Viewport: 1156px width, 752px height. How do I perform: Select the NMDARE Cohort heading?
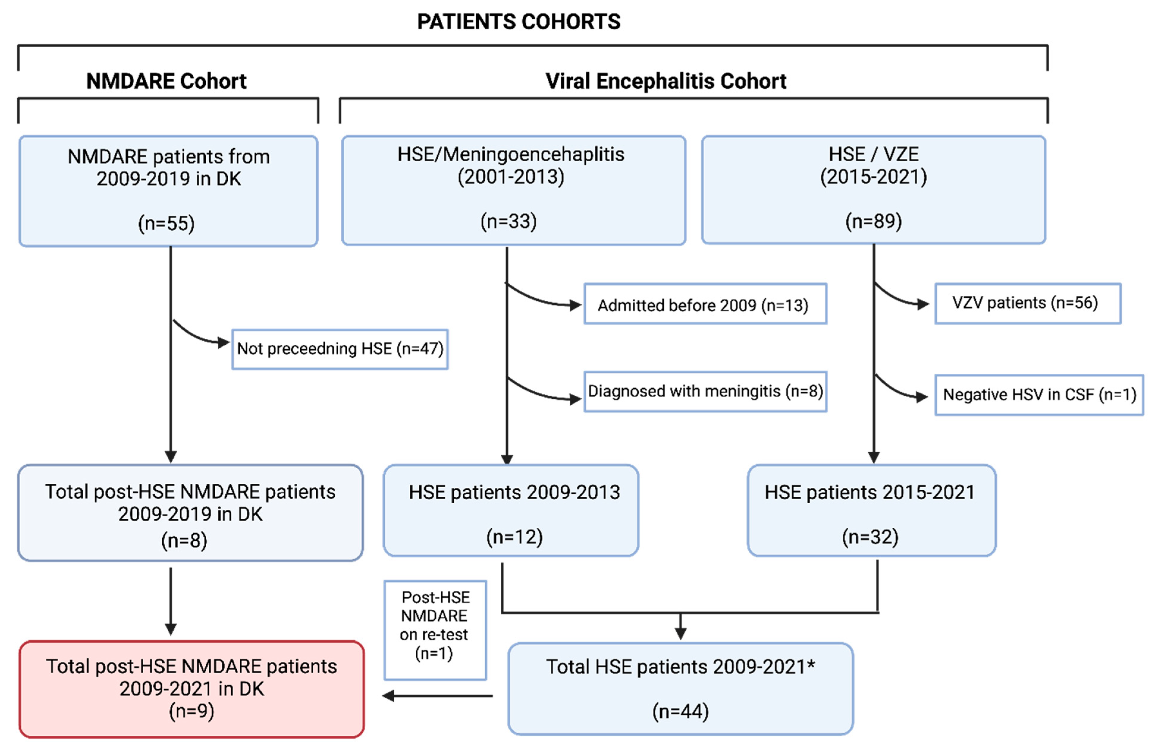(166, 81)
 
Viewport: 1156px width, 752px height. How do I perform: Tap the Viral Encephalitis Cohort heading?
(665, 81)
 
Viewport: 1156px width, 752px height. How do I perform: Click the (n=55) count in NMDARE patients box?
(166, 223)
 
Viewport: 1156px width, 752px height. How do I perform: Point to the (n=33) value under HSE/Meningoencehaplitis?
(508, 221)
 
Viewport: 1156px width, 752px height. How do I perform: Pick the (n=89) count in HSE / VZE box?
(873, 221)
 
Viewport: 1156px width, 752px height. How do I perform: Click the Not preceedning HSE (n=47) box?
(340, 349)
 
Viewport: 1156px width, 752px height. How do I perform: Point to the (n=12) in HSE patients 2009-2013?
(514, 537)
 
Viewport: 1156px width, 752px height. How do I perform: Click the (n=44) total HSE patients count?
(680, 712)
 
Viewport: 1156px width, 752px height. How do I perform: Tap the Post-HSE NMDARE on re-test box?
(435, 630)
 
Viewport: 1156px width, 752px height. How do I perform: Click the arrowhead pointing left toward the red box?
(389, 696)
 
